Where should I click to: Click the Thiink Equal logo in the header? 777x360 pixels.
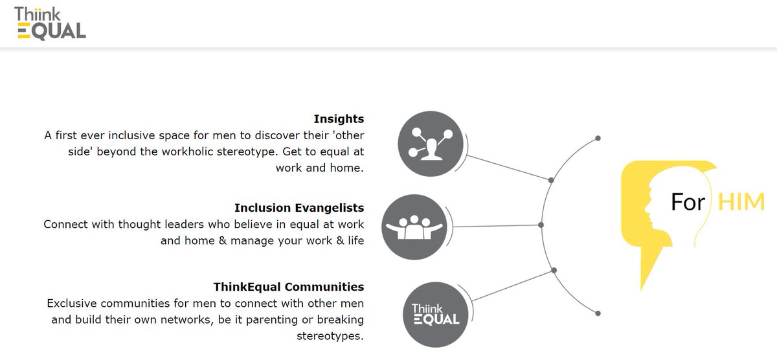[51, 23]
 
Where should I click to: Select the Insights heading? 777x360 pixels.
[339, 119]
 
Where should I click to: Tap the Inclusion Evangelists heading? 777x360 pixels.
[299, 208]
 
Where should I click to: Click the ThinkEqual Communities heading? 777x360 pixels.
[289, 286]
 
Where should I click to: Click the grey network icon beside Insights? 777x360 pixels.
[430, 143]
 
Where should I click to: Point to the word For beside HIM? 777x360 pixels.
[688, 202]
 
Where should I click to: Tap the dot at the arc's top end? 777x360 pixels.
[598, 139]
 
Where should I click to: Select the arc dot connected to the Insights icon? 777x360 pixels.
[550, 180]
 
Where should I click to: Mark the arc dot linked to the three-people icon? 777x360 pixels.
[541, 225]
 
